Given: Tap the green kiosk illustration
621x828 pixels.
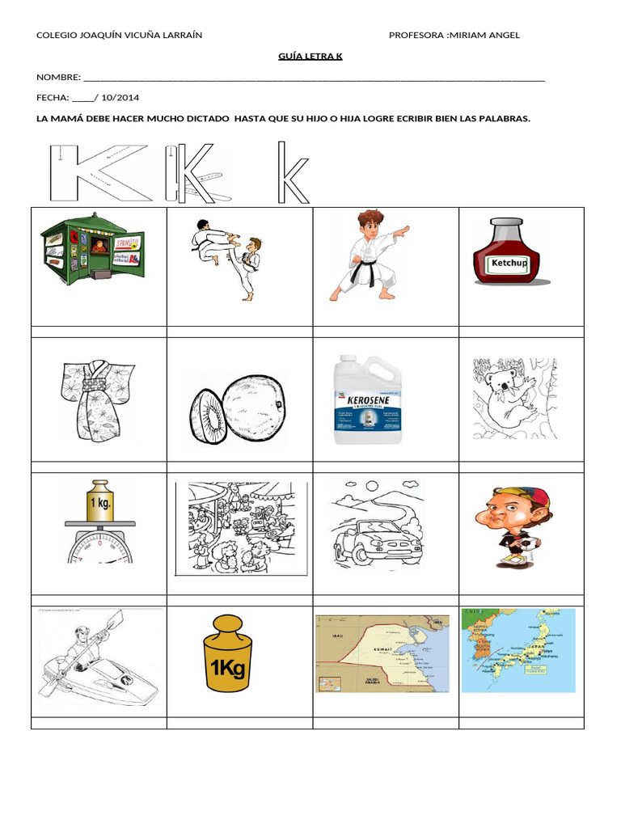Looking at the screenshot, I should click(92, 247).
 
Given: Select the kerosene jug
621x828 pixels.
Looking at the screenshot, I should click(368, 399).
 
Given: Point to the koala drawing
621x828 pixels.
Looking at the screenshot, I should click(513, 398).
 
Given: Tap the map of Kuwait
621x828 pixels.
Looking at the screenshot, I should click(382, 653).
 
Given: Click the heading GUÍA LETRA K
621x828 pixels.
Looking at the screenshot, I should click(310, 56).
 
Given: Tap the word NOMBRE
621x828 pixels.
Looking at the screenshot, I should click(57, 78).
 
